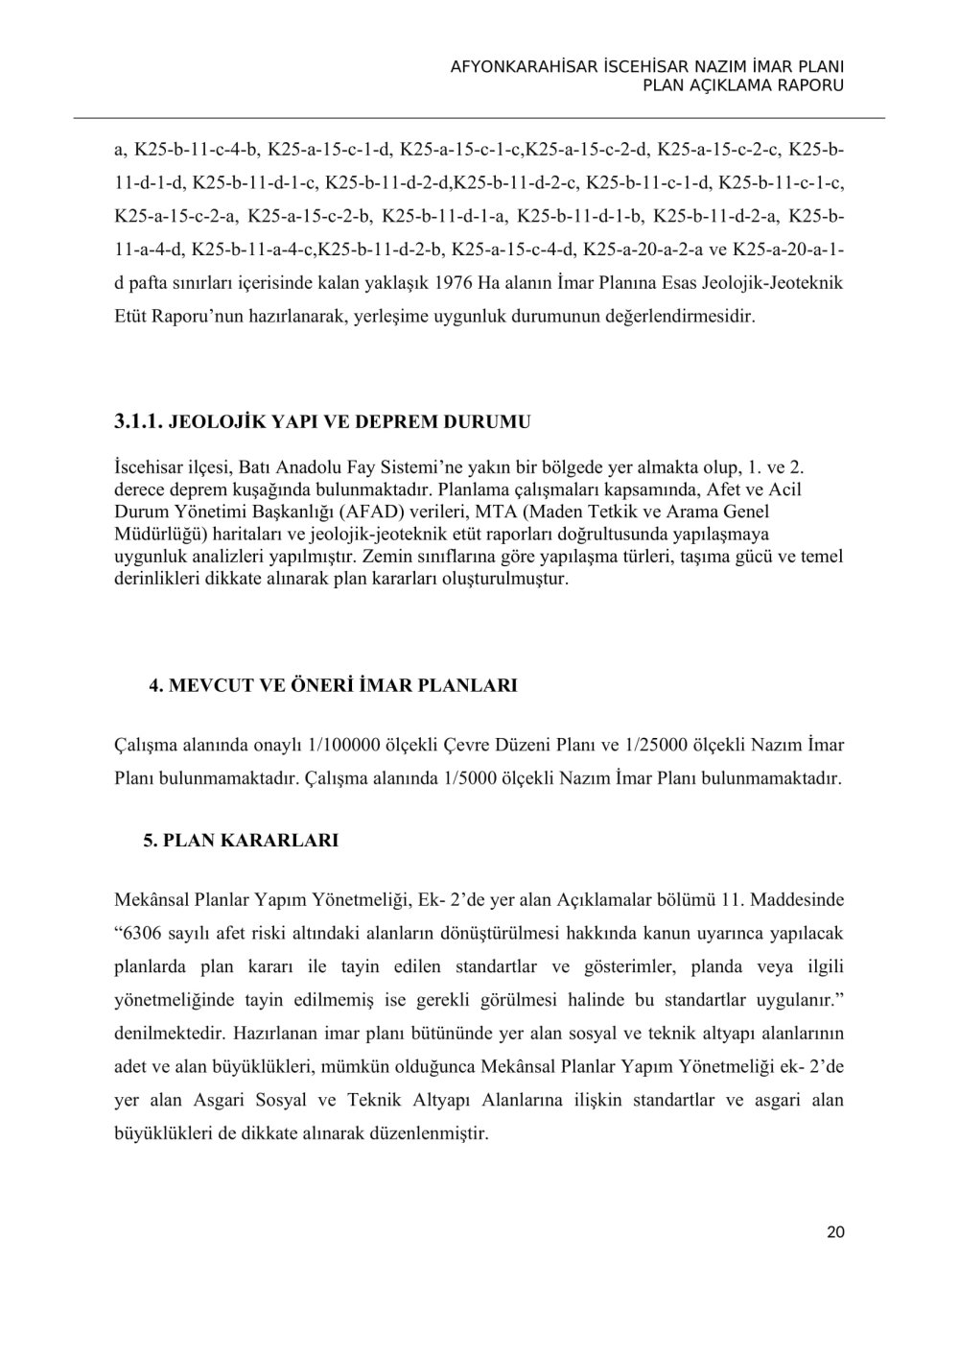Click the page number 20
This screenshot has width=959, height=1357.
(834, 1233)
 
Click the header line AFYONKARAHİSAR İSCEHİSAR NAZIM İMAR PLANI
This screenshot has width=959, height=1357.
(647, 68)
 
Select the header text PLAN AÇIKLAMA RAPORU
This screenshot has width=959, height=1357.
(743, 86)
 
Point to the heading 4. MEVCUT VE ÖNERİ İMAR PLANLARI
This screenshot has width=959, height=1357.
(333, 685)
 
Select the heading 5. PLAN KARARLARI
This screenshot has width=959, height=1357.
(241, 840)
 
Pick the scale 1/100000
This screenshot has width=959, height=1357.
(337, 744)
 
